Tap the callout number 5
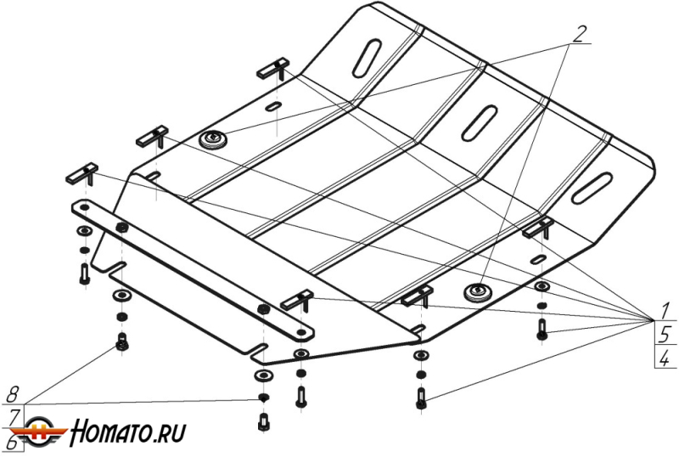[x=665, y=333]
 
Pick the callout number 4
[x=665, y=358]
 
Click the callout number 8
[x=13, y=393]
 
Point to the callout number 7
[x=13, y=416]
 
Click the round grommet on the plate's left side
[x=212, y=140]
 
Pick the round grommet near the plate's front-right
[x=478, y=294]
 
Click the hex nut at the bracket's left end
[x=122, y=227]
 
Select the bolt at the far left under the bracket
[x=85, y=274]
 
